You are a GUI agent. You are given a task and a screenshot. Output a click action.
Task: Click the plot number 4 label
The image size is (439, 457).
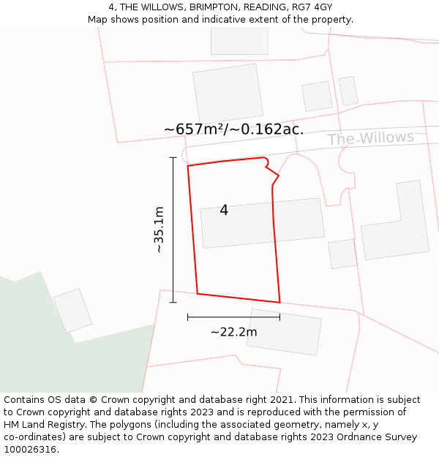(224, 211)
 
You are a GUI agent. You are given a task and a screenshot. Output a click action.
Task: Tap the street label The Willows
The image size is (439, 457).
(370, 138)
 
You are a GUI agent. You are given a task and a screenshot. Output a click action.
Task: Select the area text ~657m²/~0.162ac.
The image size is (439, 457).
(233, 129)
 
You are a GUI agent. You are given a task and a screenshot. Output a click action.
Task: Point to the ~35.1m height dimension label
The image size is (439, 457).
(159, 230)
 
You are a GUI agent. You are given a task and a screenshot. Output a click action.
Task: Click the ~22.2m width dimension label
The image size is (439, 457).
(233, 332)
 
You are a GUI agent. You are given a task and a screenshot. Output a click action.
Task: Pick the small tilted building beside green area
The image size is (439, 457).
(72, 310)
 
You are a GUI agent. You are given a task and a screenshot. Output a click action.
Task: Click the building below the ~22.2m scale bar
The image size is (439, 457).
(285, 332)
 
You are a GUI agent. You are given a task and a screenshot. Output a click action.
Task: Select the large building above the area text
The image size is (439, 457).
(228, 94)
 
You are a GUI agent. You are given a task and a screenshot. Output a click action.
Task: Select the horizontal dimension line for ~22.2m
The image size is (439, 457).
(233, 317)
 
